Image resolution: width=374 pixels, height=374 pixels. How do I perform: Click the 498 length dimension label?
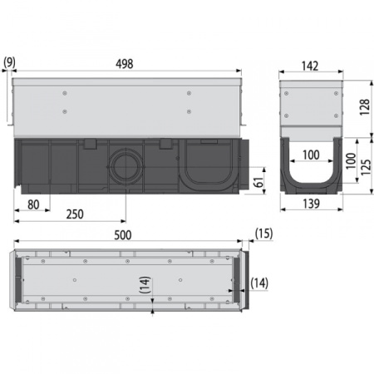[125, 64]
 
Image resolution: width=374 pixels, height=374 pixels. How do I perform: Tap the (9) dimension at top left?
[9, 62]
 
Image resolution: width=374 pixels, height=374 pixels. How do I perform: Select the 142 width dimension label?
[310, 66]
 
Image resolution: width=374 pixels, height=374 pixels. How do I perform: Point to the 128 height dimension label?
[365, 107]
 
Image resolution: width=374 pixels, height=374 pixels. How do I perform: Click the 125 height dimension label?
[366, 167]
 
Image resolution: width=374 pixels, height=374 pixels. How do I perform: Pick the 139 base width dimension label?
[312, 204]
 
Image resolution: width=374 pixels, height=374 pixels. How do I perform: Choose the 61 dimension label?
[258, 182]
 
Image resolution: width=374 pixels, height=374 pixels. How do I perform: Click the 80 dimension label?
[33, 204]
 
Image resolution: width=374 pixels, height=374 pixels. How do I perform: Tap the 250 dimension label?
[75, 214]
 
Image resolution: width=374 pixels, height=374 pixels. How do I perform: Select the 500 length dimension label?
[123, 235]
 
